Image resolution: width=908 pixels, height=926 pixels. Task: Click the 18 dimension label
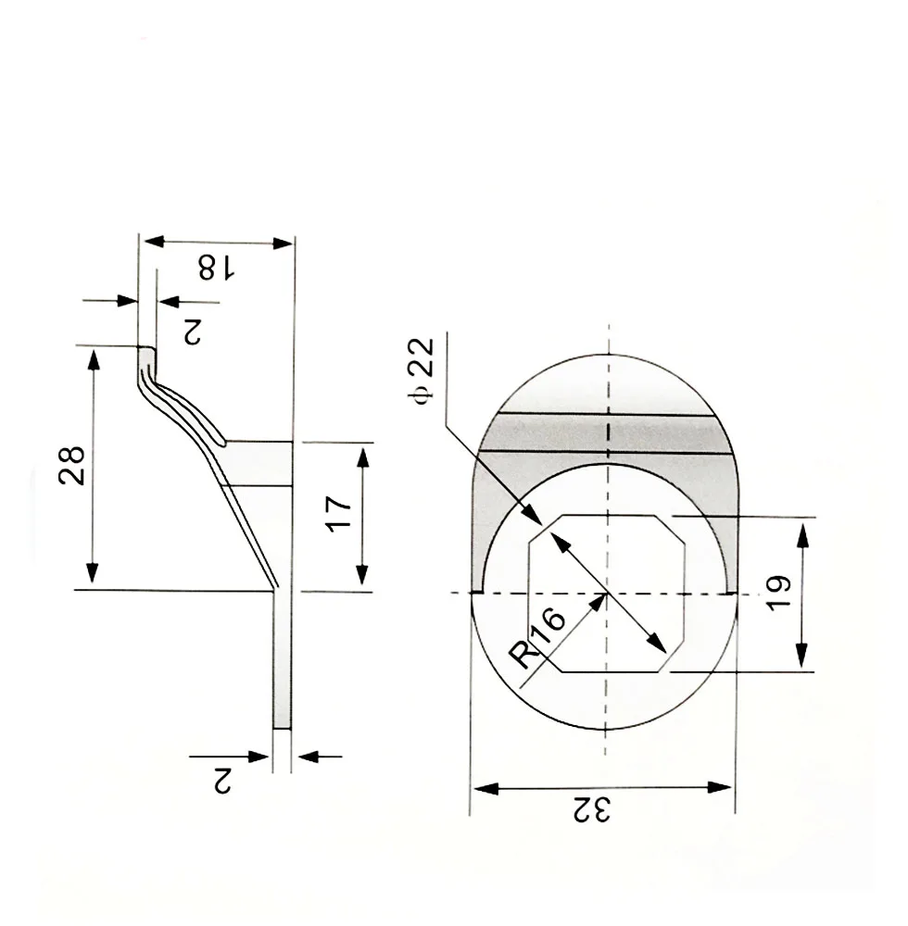pyautogui.click(x=216, y=269)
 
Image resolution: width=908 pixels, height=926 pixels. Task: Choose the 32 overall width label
pyautogui.click(x=592, y=811)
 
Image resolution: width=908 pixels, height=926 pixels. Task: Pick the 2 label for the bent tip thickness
pyautogui.click(x=192, y=332)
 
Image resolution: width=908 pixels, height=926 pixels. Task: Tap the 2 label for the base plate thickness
pyautogui.click(x=221, y=780)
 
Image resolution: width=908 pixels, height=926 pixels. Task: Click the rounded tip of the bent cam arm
pyautogui.click(x=146, y=353)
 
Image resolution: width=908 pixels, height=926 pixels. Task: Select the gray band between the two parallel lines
pyautogui.click(x=607, y=433)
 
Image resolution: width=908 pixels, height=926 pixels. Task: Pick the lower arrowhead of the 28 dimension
pyautogui.click(x=93, y=574)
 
